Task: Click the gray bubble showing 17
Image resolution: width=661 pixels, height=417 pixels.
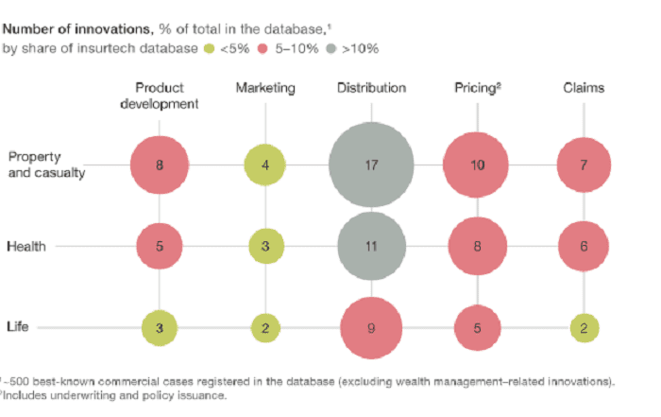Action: (x=371, y=165)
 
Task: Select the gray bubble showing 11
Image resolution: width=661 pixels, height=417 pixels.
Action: (x=371, y=247)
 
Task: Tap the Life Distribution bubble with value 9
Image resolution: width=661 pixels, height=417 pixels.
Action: (x=371, y=328)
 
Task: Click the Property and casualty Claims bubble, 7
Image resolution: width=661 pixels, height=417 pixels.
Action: (x=584, y=165)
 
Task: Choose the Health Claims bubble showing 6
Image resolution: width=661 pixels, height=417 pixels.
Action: (x=584, y=247)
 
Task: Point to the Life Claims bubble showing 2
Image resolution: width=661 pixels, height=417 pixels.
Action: (x=584, y=328)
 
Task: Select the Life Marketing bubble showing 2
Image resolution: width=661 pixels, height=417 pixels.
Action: (x=265, y=328)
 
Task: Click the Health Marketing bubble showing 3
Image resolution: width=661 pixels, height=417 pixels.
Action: (x=265, y=247)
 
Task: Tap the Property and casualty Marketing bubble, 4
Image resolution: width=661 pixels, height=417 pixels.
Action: (x=265, y=165)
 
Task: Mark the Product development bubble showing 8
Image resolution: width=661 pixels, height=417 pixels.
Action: (x=160, y=165)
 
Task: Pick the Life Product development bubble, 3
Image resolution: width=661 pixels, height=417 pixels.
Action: (x=160, y=328)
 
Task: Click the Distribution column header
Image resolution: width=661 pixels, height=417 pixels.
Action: (x=371, y=88)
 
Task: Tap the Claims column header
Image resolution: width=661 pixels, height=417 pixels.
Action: (x=584, y=88)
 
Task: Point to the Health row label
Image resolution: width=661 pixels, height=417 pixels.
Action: (x=25, y=247)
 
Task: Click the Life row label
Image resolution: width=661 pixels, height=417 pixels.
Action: (x=18, y=328)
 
